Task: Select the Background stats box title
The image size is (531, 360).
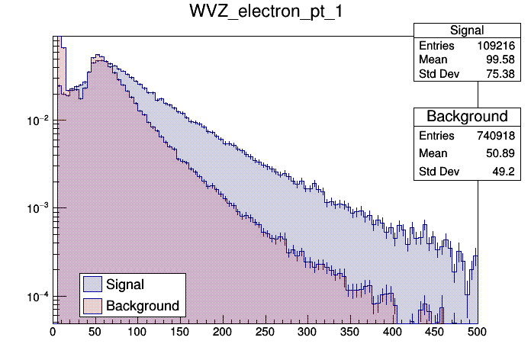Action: pos(466,117)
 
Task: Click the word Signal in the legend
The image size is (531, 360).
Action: pos(125,284)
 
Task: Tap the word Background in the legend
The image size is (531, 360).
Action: pos(143,306)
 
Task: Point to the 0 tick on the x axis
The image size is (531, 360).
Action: pos(53,333)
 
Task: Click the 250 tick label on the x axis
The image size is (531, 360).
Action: pos(265,333)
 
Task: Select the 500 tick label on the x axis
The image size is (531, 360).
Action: pos(477,333)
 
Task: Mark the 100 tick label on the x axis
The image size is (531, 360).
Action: pos(137,333)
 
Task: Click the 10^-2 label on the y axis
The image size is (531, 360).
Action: pos(37,121)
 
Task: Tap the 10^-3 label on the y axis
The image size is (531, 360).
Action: pos(37,208)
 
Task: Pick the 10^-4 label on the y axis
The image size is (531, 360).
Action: pos(37,296)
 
